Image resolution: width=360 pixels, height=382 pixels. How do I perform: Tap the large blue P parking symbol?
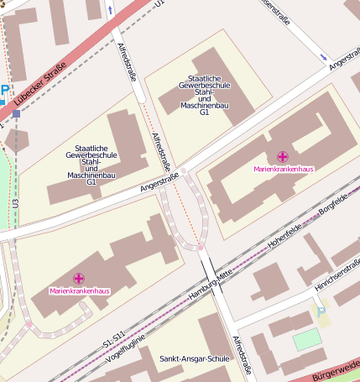point(4,91)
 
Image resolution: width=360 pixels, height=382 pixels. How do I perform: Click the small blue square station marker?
point(16,113)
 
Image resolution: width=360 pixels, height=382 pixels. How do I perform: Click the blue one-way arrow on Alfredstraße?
point(110,10)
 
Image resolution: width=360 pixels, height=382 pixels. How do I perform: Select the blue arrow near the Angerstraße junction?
point(324,56)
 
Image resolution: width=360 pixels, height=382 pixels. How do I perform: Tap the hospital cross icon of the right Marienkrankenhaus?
point(283,156)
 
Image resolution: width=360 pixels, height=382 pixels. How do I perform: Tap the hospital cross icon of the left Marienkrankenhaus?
point(79,278)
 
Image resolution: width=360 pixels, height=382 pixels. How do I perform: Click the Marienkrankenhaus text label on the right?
point(284,169)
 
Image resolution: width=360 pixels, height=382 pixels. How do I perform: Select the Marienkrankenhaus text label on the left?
point(80,290)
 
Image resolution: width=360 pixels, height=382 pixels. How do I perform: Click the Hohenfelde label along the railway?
point(285,238)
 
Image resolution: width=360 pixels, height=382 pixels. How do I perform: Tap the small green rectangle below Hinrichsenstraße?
point(307,339)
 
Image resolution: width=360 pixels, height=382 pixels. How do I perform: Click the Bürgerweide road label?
point(336,369)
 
